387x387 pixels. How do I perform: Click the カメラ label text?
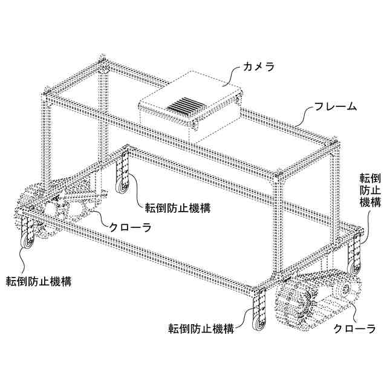point(258,67)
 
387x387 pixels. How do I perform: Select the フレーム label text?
point(336,107)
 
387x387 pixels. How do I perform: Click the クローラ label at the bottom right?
point(355,330)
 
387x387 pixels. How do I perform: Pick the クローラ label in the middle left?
point(129,228)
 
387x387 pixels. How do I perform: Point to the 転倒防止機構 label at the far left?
point(39,281)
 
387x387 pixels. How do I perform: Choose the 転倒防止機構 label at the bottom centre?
point(201,330)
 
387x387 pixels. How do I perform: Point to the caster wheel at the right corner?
point(353,265)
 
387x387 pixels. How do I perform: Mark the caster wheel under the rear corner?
point(125,186)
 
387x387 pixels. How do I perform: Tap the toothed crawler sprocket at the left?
point(30,206)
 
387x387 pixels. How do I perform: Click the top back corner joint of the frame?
point(103,63)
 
